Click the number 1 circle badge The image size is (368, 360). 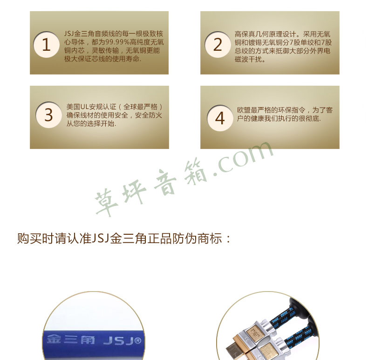[x=46, y=45]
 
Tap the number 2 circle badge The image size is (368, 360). [x=218, y=45]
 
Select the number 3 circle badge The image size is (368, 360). [x=48, y=115]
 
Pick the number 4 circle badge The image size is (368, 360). [x=220, y=118]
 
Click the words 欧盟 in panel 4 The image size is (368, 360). [x=244, y=110]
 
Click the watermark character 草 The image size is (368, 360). [x=106, y=201]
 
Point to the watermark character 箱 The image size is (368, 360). [x=195, y=173]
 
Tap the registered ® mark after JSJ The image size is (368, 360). [x=138, y=340]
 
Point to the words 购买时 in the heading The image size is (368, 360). [x=36, y=238]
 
